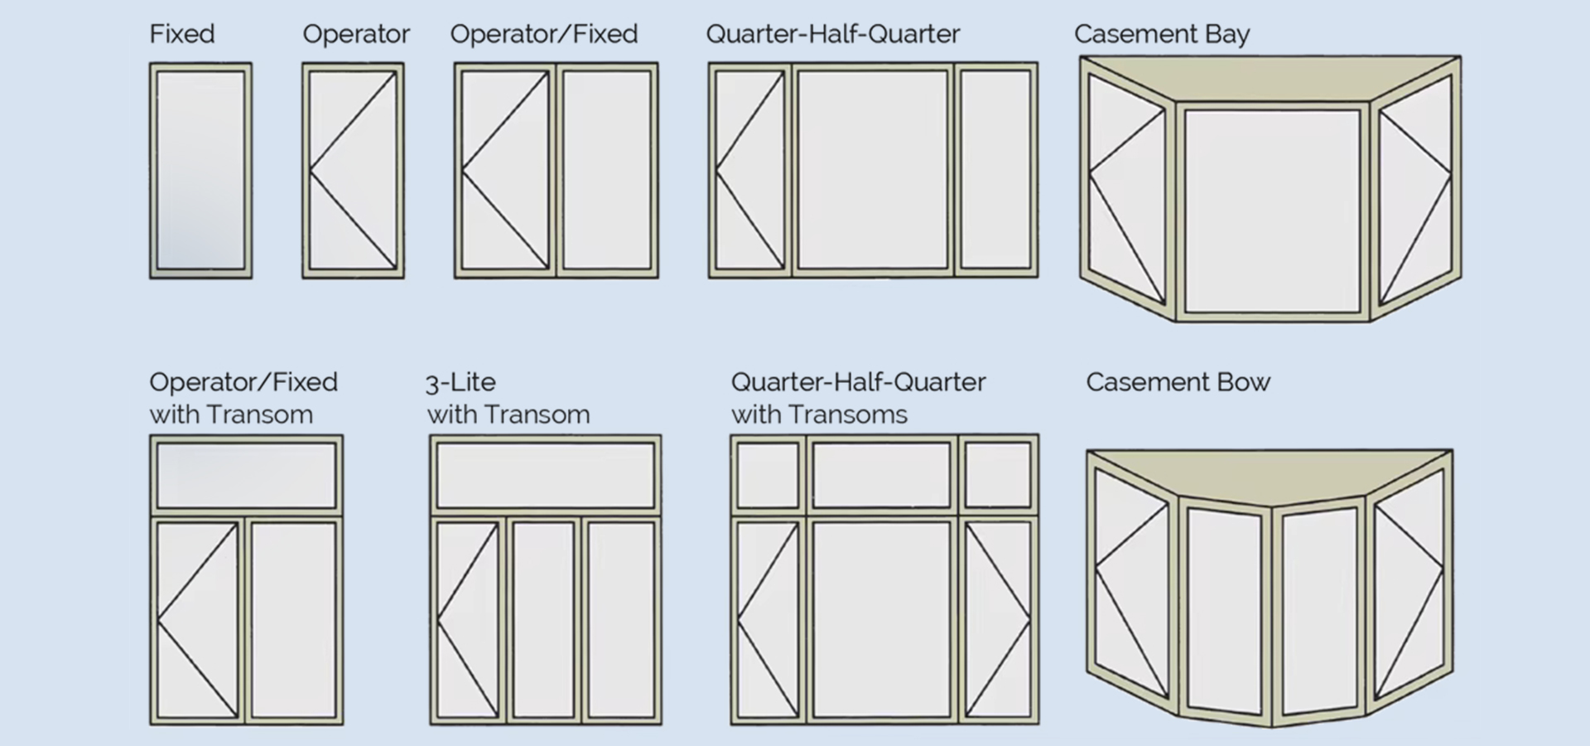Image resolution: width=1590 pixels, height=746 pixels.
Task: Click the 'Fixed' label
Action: point(182,34)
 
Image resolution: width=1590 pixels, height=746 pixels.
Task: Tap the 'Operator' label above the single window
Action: point(355,34)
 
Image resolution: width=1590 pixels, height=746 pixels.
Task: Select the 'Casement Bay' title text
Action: point(1161,34)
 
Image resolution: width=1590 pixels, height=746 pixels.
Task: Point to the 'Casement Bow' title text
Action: point(1178,382)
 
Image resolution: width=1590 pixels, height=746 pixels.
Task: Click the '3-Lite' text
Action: point(460,382)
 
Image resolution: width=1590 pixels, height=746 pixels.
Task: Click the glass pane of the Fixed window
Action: point(200,170)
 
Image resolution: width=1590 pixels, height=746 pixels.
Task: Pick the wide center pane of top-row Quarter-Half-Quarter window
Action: point(873,170)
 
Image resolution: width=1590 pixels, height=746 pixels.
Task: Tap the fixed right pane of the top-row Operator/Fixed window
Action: point(607,170)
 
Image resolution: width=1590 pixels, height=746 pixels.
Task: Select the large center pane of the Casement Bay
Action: point(1272,211)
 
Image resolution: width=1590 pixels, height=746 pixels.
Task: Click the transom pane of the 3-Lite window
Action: point(545,475)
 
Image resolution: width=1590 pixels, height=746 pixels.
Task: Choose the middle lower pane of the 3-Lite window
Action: point(543,619)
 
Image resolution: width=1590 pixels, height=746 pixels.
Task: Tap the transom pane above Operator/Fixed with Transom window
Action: point(246,475)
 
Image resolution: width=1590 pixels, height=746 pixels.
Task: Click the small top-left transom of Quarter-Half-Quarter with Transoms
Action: point(768,475)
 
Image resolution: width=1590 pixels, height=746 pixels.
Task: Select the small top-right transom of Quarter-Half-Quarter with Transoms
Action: point(998,475)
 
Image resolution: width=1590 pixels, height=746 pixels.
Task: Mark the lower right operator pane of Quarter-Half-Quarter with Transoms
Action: point(998,619)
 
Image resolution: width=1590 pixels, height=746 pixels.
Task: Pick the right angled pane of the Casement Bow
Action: point(1409,580)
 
